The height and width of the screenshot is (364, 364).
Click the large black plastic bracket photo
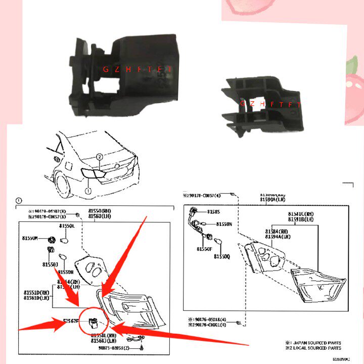click(x=124, y=76)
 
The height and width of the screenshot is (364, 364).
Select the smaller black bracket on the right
click(x=261, y=104)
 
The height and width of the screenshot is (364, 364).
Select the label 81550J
click(x=51, y=264)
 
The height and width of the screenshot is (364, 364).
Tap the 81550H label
click(x=66, y=271)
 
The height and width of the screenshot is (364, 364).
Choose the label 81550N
click(x=223, y=223)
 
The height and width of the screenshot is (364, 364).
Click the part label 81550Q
click(x=221, y=256)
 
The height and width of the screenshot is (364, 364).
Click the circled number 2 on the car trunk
click(x=100, y=157)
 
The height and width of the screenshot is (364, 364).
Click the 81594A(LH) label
click(x=278, y=236)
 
